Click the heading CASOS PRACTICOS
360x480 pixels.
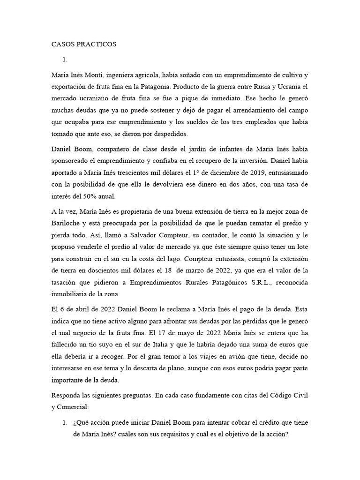(83, 45)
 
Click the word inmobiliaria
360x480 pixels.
(73, 294)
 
